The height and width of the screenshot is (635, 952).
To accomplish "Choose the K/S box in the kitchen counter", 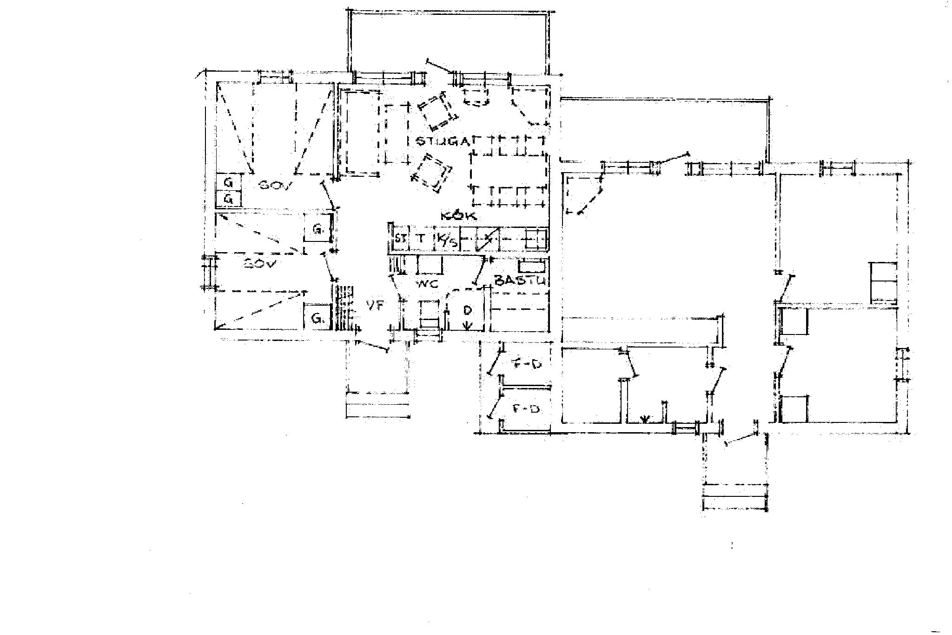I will [x=447, y=240].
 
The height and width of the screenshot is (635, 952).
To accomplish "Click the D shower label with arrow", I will [x=468, y=315].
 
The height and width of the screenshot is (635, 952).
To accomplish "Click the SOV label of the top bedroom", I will [x=274, y=186].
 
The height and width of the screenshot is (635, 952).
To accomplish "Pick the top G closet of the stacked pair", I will [x=229, y=182].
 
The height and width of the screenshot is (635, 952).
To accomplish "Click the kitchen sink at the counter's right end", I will [x=536, y=239].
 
